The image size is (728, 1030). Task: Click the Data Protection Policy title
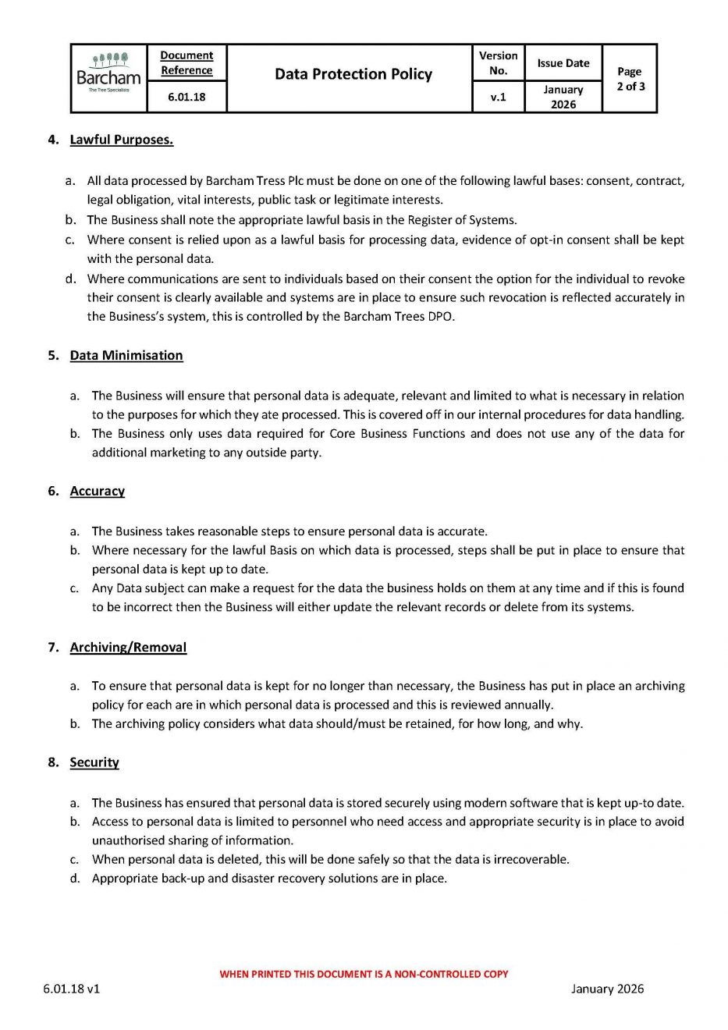353,74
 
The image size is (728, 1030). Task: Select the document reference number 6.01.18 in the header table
186,97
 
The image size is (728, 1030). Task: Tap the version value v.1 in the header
498,98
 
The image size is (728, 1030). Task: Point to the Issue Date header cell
563,63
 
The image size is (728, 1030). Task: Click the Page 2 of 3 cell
630,79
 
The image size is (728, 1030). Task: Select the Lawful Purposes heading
121,140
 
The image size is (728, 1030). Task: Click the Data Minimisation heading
126,355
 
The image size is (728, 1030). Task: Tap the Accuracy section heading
97,491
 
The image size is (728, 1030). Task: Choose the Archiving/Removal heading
128,647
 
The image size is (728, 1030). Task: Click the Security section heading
94,762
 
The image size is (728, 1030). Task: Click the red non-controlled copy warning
364,974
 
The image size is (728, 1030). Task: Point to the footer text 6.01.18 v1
71,989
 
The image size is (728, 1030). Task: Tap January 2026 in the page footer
607,989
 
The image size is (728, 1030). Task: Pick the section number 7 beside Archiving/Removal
52,647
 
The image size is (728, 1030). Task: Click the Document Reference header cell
186,62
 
